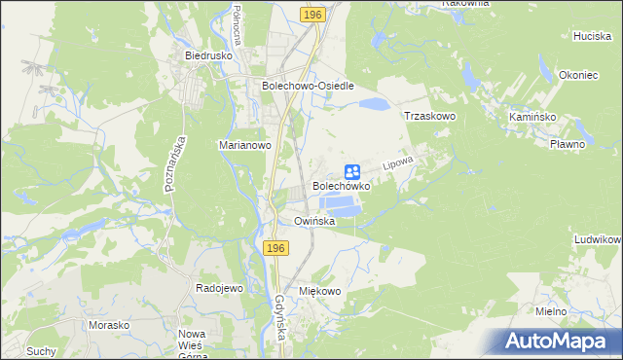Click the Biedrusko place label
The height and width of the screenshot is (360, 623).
(206, 55)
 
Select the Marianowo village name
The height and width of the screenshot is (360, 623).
(243, 145)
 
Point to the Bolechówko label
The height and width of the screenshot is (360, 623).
(341, 185)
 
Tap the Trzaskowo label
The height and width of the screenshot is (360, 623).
(430, 115)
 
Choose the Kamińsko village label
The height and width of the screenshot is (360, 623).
(531, 115)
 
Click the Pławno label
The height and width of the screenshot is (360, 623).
(567, 144)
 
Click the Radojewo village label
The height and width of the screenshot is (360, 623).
(219, 288)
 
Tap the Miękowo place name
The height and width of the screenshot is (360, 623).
(320, 291)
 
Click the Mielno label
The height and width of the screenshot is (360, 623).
(552, 310)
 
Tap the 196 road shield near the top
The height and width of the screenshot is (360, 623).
(312, 16)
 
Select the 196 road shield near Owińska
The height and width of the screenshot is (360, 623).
(275, 250)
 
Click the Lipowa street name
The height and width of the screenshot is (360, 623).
(399, 161)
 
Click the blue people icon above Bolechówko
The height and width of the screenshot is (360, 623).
(353, 171)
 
